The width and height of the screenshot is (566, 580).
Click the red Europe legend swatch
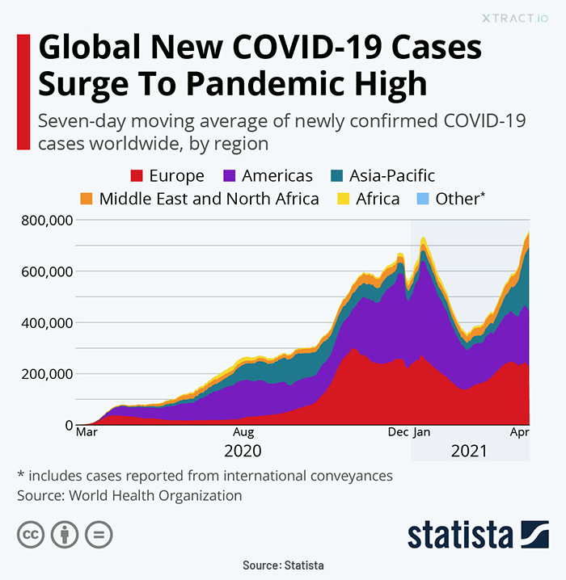click(136, 175)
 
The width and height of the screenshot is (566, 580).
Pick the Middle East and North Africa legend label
click(209, 198)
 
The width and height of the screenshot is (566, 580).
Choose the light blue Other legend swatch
click(420, 198)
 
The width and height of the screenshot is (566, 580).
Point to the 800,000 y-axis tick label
click(47, 220)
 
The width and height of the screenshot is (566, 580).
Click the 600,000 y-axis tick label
click(47, 271)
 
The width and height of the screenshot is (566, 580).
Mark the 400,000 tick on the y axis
click(47, 322)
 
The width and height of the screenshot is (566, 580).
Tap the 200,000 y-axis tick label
click(47, 374)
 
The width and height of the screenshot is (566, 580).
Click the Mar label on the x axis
click(87, 432)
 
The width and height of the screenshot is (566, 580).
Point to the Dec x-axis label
click(398, 432)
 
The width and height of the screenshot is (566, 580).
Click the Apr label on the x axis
click(519, 432)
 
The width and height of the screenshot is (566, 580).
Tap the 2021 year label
click(470, 451)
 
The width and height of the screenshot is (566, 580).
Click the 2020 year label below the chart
click(243, 451)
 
